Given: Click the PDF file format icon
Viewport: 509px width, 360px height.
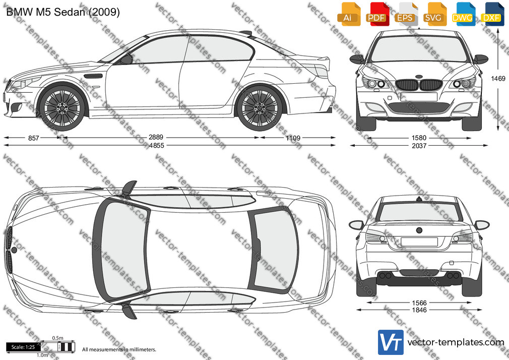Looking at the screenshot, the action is pos(376,14).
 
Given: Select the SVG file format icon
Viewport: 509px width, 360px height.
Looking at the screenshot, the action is pos(433,14).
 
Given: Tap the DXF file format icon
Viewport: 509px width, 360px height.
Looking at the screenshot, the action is pos(491,14).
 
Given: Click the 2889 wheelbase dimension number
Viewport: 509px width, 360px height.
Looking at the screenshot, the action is pos(156,138).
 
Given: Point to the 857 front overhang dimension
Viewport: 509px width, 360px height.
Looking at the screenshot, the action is pos(33,138).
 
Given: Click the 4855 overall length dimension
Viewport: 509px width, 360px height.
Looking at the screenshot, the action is pos(156,146).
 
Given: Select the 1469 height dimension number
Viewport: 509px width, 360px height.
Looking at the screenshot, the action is pos(498,78).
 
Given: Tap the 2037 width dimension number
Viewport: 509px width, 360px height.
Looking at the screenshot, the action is pos(419,146).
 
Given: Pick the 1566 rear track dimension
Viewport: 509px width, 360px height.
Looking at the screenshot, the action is pos(419,303).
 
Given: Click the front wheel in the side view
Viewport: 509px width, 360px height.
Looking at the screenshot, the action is pos(61,107).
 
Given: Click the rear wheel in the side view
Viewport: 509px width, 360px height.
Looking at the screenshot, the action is pos(260,107).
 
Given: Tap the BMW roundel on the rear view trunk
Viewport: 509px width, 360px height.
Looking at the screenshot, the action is pos(419,230).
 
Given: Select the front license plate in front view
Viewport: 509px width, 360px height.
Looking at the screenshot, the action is pos(418,97).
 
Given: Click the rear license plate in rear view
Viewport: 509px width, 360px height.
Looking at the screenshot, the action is pos(419,242).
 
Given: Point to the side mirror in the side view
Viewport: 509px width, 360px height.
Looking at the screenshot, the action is pos(126,59).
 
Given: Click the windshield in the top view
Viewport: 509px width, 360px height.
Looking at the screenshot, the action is pos(121,249).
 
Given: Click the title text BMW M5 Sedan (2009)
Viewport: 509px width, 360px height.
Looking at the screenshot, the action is pos(63,12).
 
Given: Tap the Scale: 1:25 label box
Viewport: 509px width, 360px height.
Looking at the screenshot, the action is pos(23,347).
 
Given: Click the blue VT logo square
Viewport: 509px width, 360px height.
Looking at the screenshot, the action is pos(391,342).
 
